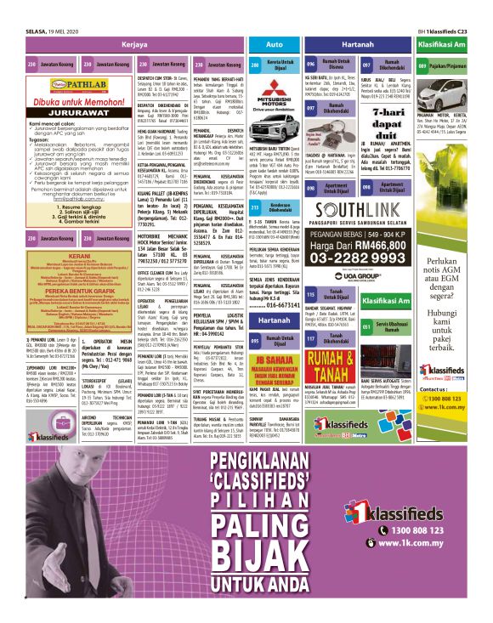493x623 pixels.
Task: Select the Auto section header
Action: [274, 42]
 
